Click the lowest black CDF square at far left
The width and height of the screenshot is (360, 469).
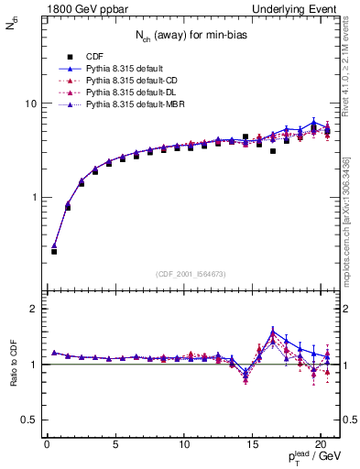(x=54, y=251)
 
